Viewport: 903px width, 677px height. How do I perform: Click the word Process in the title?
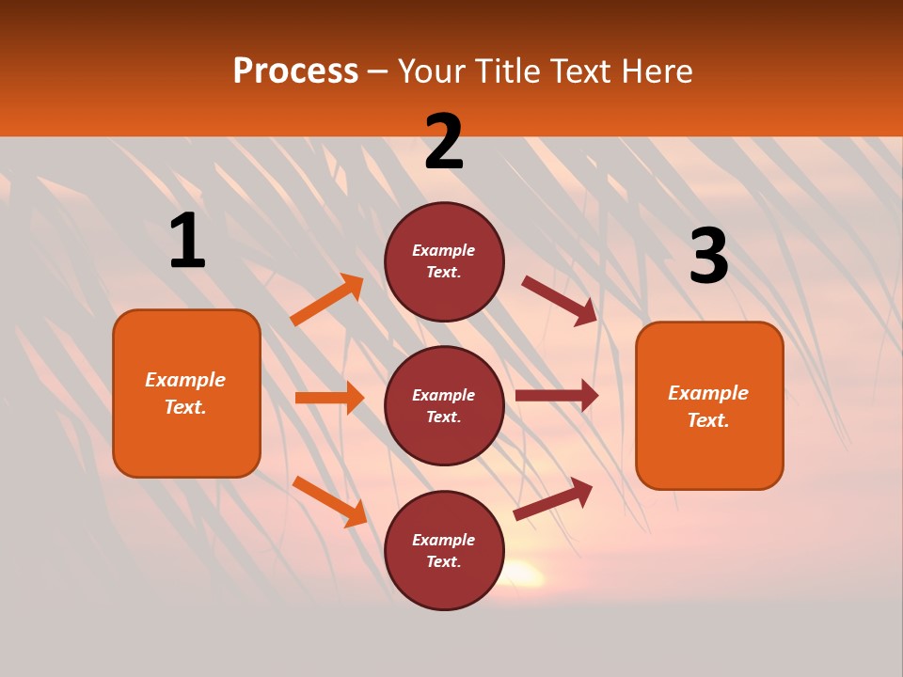(x=295, y=71)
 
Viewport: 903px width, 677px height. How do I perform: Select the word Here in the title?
(x=653, y=71)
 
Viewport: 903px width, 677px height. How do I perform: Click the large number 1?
(x=187, y=241)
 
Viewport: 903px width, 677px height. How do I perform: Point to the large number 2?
(x=444, y=143)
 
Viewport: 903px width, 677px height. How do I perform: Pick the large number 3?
(x=708, y=256)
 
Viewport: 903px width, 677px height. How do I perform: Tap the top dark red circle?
(x=444, y=261)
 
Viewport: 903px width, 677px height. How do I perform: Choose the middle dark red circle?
(x=444, y=405)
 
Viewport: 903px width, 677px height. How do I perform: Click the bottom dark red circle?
(x=444, y=550)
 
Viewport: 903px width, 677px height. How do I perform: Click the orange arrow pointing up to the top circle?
(x=327, y=300)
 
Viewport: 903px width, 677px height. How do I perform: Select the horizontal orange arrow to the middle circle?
(x=329, y=398)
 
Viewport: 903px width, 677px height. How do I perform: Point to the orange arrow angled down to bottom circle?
(x=329, y=500)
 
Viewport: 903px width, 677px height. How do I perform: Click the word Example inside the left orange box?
(x=185, y=380)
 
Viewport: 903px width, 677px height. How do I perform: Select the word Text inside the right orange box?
(x=708, y=420)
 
